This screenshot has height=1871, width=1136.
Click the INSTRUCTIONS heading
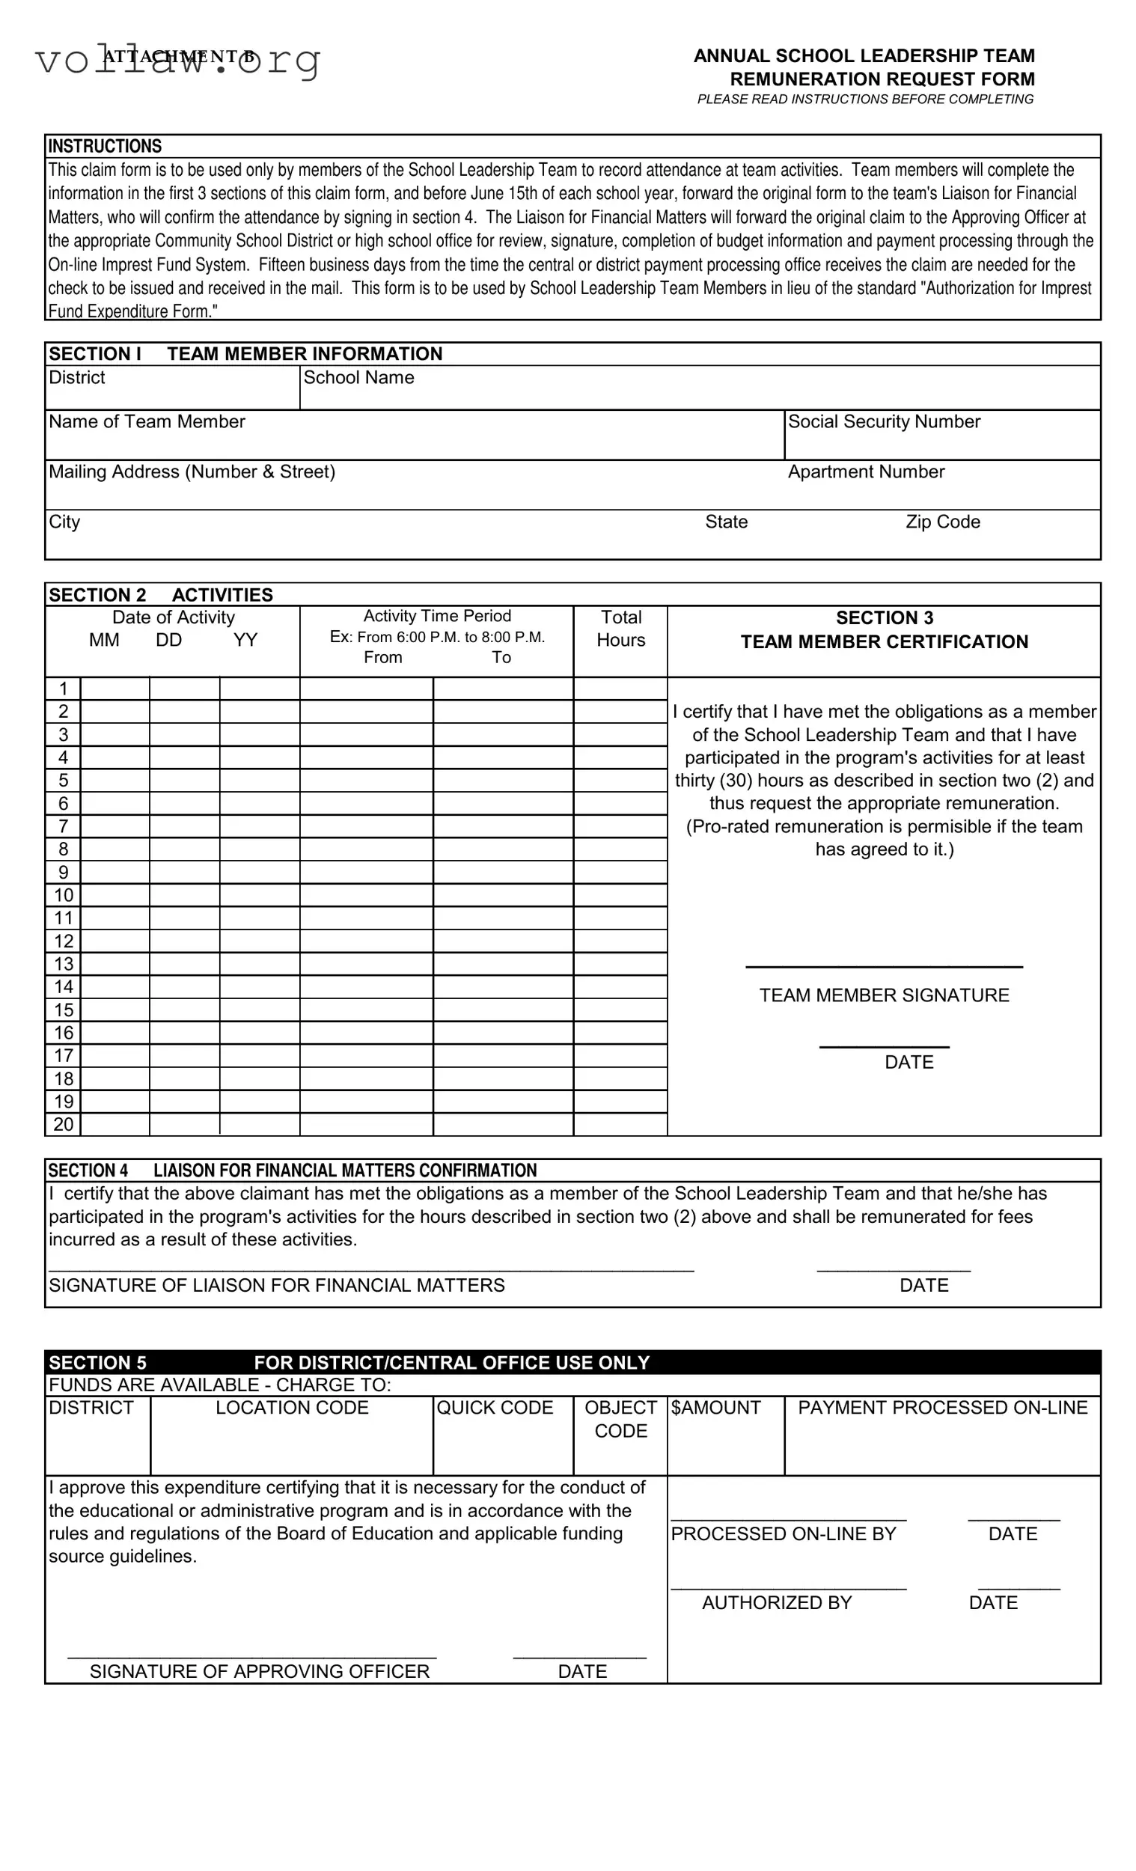click(105, 146)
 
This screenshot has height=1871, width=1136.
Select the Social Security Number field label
click(883, 421)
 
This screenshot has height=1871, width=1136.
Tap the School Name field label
click(358, 377)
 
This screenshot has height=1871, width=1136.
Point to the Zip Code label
click(941, 522)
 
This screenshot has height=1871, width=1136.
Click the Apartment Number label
click(866, 471)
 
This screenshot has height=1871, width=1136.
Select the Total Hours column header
click(620, 629)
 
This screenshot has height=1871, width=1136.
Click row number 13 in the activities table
click(63, 965)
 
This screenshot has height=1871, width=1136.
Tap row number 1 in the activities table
click(63, 689)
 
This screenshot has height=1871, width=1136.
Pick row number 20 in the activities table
click(63, 1125)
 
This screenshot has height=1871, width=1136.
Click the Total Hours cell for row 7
click(620, 827)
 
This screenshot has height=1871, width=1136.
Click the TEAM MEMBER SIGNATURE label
click(884, 995)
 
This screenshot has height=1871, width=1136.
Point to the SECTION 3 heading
click(884, 617)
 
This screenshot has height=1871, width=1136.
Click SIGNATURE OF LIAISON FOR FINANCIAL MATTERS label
click(276, 1285)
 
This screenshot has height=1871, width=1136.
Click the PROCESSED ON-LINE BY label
click(783, 1534)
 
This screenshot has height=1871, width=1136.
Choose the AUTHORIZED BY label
click(776, 1602)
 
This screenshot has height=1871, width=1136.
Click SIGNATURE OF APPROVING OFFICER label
click(259, 1671)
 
